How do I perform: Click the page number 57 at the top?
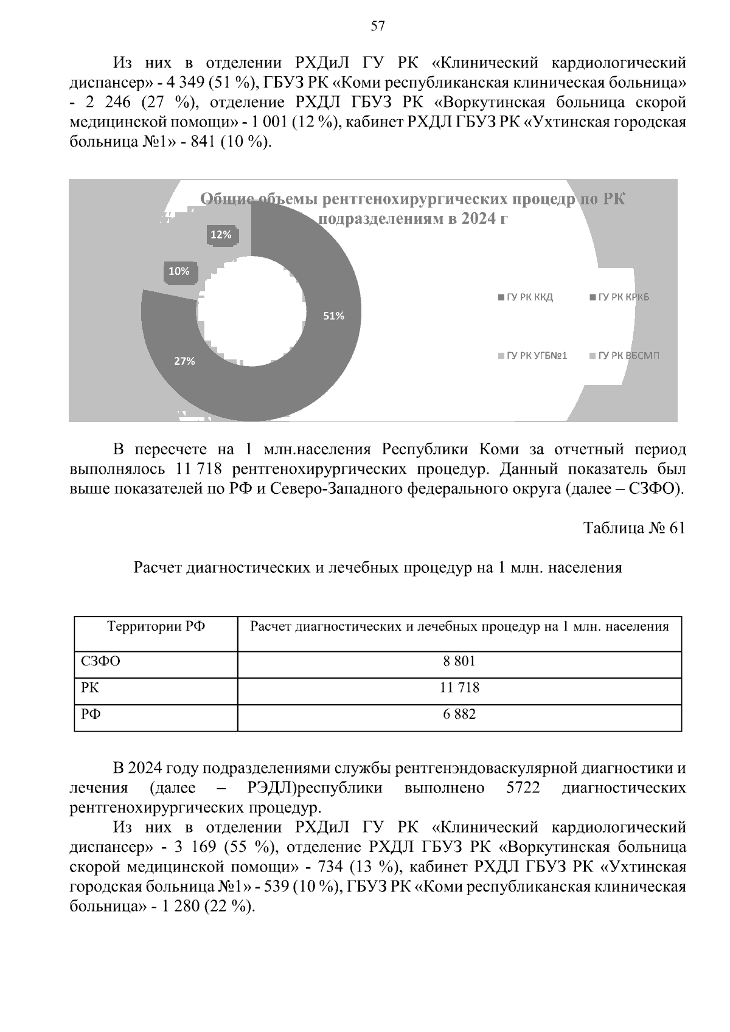click(x=377, y=26)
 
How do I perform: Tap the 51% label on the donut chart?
click(x=333, y=316)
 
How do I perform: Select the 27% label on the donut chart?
click(x=184, y=361)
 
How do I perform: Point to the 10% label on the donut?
click(x=179, y=271)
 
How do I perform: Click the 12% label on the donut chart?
click(x=221, y=234)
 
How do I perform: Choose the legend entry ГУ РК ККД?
click(x=526, y=297)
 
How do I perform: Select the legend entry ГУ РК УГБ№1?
click(x=533, y=355)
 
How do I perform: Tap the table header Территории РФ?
click(x=156, y=626)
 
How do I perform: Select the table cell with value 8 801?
click(x=459, y=662)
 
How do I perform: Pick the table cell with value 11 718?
click(x=459, y=688)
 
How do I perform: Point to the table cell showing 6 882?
click(x=459, y=714)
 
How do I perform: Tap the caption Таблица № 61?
click(x=634, y=528)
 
